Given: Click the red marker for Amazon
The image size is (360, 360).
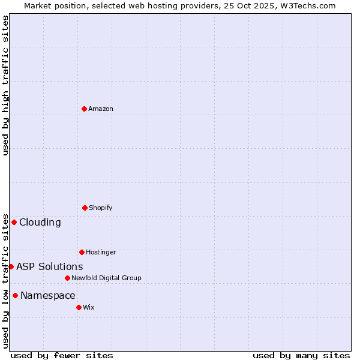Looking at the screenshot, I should click(85, 109).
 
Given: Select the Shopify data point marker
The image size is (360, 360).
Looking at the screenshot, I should click(85, 208).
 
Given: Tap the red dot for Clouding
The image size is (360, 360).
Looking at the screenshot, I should click(14, 222).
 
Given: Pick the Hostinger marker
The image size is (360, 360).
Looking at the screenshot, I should click(82, 252).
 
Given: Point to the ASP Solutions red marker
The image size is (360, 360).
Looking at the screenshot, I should click(11, 266).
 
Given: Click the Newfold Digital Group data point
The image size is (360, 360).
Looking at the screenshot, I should click(67, 278).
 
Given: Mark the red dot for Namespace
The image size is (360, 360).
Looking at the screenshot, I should click(15, 295).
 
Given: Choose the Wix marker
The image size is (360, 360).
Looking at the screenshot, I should click(79, 307).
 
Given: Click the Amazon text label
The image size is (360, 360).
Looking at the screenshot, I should click(101, 109).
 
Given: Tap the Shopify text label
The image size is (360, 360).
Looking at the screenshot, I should click(101, 208).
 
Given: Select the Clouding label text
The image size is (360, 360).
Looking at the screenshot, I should click(40, 222).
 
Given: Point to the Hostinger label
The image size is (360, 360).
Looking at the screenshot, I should click(101, 252).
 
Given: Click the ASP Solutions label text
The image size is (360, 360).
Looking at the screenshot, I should click(50, 266).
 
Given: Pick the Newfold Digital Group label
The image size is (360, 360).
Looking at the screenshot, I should click(106, 278).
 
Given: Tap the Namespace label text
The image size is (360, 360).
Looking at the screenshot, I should click(48, 295).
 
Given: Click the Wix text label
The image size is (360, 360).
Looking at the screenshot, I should click(89, 307).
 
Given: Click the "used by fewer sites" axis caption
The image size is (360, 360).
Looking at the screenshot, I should click(62, 355).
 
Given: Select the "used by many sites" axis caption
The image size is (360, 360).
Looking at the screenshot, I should click(301, 355).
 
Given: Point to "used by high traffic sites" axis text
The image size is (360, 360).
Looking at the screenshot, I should click(5, 85).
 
